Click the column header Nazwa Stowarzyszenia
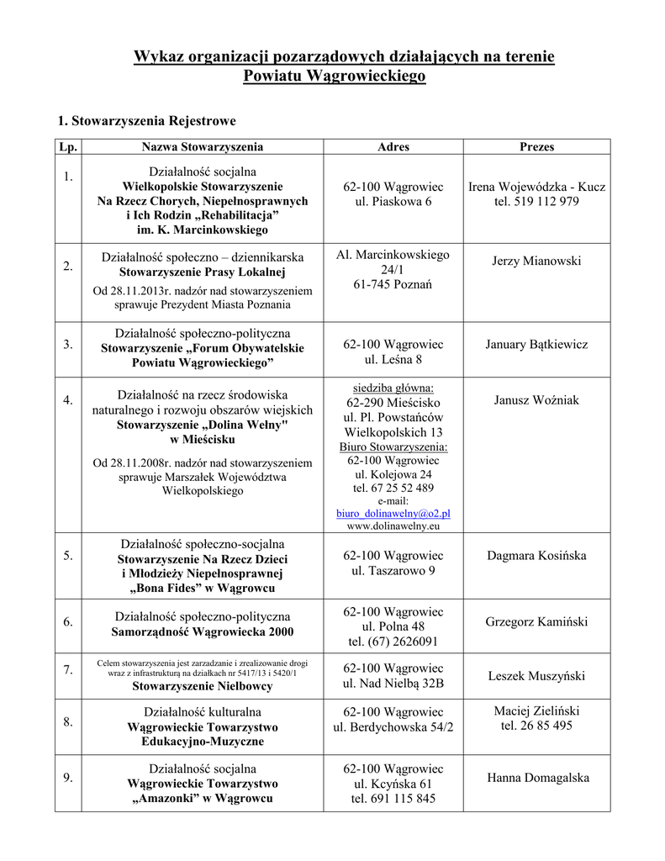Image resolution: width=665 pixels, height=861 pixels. (x=202, y=146)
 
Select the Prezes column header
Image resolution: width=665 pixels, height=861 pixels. (x=536, y=146)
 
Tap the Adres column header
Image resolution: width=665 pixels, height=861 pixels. (x=393, y=146)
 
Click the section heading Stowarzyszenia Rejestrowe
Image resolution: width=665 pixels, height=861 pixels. (x=146, y=121)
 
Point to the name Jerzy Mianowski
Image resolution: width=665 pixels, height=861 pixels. (x=536, y=261)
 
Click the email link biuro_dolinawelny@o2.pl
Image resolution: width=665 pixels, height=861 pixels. (x=393, y=513)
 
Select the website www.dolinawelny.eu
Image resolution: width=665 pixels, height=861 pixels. (x=393, y=526)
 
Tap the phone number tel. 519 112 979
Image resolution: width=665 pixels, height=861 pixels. (x=536, y=201)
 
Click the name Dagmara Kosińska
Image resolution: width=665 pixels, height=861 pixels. (x=536, y=555)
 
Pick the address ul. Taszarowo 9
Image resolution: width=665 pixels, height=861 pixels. (x=393, y=571)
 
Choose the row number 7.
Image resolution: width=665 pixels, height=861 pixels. (x=67, y=669)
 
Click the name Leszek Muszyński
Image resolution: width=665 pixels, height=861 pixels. (x=536, y=676)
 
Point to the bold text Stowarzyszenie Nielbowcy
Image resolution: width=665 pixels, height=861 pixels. (x=202, y=686)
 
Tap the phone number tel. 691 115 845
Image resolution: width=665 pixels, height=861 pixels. (x=393, y=799)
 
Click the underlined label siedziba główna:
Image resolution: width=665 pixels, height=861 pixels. (x=393, y=388)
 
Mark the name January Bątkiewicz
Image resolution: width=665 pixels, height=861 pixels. (x=536, y=344)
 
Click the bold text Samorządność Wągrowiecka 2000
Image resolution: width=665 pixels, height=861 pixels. (x=203, y=631)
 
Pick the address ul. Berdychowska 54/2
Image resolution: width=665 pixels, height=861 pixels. (x=393, y=726)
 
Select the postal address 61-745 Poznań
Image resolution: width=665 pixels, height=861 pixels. (x=393, y=284)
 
